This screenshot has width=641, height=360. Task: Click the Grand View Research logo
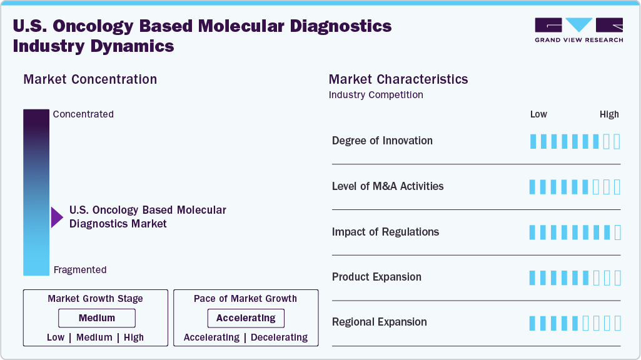(578, 30)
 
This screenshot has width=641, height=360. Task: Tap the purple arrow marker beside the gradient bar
(57, 217)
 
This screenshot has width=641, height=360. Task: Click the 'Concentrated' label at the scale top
(83, 114)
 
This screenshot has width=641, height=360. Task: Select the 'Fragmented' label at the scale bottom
(80, 270)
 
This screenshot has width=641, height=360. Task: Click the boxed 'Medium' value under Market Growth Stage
(97, 318)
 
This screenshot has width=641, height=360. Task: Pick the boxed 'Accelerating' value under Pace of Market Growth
(246, 318)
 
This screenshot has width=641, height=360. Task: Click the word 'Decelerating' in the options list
(279, 337)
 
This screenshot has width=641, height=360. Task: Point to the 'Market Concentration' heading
(90, 79)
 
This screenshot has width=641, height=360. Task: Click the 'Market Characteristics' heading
(398, 79)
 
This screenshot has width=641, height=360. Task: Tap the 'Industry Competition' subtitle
(376, 95)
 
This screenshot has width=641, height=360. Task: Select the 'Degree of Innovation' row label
(382, 141)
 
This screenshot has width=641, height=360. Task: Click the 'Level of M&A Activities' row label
(388, 186)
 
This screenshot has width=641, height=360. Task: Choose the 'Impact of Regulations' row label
(385, 232)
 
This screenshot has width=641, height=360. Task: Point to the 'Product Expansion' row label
(376, 277)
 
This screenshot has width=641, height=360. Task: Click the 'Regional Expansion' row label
(379, 322)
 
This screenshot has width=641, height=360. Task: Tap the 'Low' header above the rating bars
(538, 114)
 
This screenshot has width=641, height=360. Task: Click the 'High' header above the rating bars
(609, 114)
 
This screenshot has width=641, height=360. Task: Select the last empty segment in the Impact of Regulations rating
(618, 232)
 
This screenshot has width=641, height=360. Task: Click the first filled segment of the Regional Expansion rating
(533, 323)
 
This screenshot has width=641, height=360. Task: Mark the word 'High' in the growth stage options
(134, 337)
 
